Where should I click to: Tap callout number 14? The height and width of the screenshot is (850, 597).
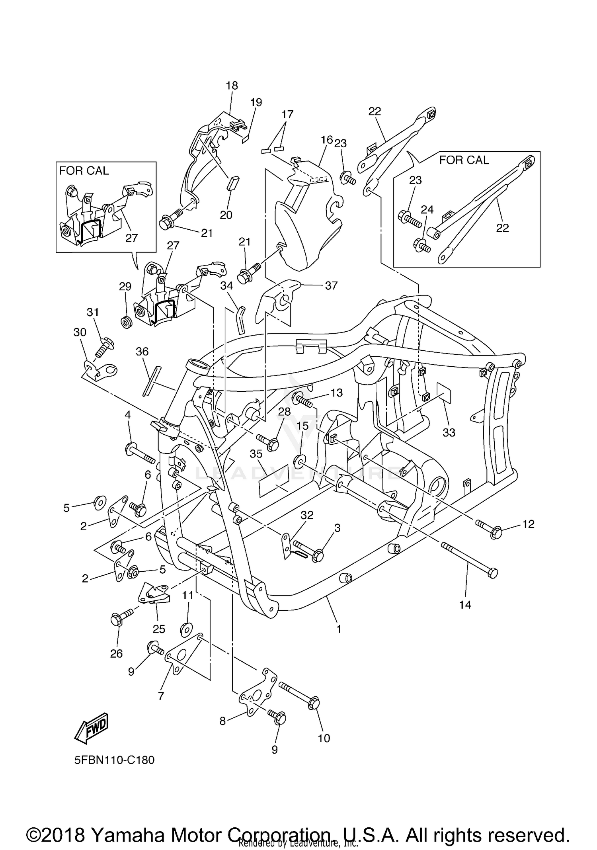click(x=465, y=605)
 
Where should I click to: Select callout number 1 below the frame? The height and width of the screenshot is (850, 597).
click(x=338, y=629)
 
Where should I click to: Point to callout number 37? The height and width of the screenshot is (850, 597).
click(x=331, y=285)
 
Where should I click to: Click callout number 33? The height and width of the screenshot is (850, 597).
click(x=449, y=432)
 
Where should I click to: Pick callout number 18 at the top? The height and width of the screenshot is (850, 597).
click(x=232, y=85)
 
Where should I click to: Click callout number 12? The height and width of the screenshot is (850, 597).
click(x=528, y=524)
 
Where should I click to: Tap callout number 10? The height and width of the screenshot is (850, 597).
click(x=324, y=738)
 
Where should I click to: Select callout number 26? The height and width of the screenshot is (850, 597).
click(x=116, y=653)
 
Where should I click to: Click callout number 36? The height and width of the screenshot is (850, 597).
click(x=142, y=352)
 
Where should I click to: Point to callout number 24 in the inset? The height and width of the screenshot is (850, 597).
click(x=427, y=209)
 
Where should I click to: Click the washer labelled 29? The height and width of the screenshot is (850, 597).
click(x=127, y=322)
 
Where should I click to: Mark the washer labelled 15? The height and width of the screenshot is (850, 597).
click(x=299, y=461)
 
